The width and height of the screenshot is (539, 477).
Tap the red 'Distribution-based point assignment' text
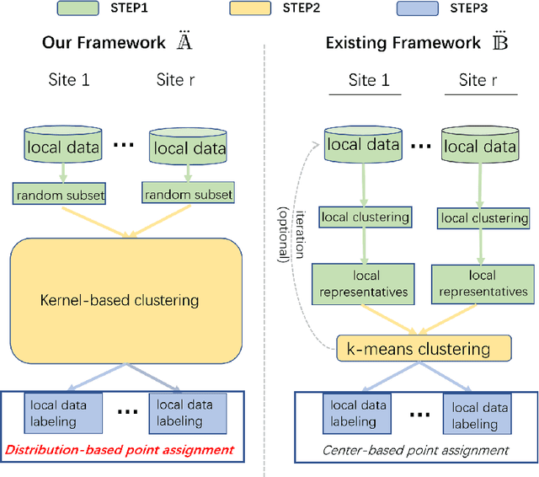pos(119,449)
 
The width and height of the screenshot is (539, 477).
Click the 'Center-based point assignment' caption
pos(415,450)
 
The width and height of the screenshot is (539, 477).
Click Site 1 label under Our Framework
pos(68,80)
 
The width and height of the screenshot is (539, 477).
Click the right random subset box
pos(188,195)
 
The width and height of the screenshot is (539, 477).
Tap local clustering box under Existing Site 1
pos(364,217)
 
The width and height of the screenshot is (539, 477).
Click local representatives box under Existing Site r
pos(483,283)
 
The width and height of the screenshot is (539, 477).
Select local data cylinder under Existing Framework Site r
pos(481,147)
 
